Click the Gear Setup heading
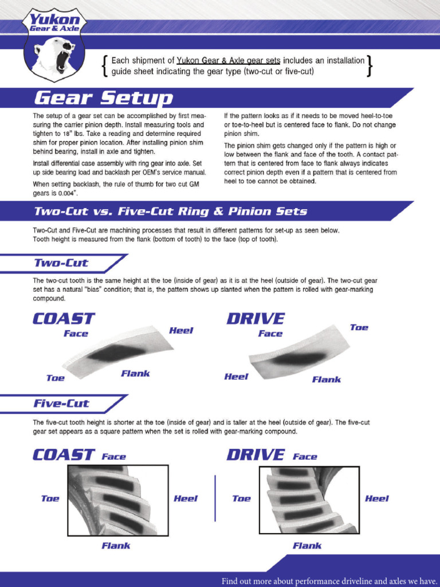[x=103, y=98]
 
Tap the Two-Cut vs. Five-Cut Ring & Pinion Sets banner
[x=170, y=211]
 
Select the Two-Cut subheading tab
[x=61, y=263]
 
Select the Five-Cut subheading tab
[x=61, y=404]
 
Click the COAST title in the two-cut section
[x=64, y=318]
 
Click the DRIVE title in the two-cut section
[x=256, y=318]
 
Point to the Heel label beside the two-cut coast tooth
[x=181, y=330]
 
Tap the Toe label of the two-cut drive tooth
[x=359, y=327]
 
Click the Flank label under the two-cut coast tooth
[x=135, y=374]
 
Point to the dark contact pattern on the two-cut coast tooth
[x=117, y=353]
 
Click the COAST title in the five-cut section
[x=64, y=455]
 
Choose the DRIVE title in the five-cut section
[x=256, y=455]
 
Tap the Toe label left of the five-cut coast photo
[x=50, y=498]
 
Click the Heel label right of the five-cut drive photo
[x=376, y=498]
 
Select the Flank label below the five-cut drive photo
[x=307, y=546]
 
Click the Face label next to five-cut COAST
[x=114, y=457]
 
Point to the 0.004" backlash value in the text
[x=68, y=194]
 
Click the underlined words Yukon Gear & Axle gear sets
[x=229, y=60]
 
